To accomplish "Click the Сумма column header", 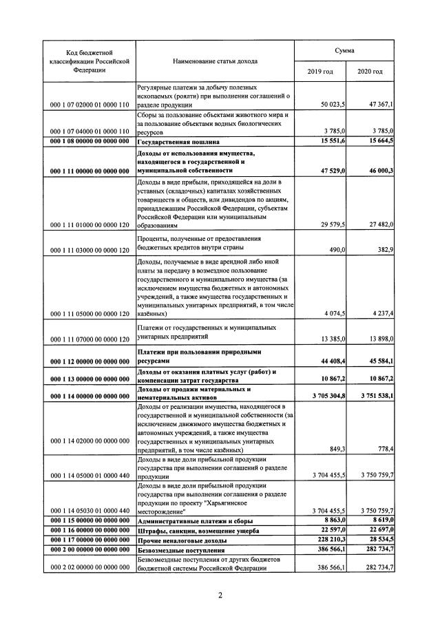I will coord(345,51).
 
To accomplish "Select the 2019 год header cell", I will coord(320,72).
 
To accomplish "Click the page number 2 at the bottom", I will coord(220,595).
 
